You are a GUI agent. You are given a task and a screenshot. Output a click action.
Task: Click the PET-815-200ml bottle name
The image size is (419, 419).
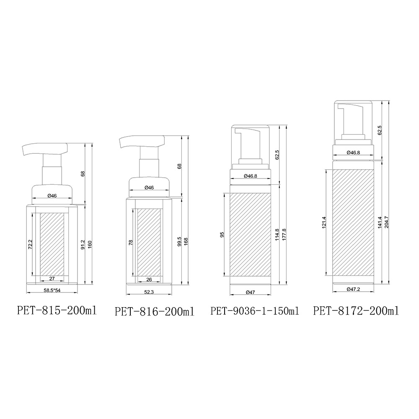click(x=57, y=310)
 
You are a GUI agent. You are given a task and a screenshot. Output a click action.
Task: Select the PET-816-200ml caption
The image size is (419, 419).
click(x=155, y=312)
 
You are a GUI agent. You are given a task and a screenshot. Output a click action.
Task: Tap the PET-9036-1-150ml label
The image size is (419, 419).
click(x=255, y=311)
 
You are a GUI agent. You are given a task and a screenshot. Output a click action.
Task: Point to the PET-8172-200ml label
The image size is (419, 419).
click(x=356, y=311)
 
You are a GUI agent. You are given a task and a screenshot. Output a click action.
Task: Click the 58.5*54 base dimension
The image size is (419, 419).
click(x=52, y=290)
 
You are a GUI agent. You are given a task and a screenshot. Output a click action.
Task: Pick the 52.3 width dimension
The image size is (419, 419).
click(x=149, y=292)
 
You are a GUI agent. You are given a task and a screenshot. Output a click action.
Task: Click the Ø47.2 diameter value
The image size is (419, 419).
click(x=353, y=289)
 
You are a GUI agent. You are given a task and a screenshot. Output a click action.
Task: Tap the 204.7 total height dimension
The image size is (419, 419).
click(x=386, y=222)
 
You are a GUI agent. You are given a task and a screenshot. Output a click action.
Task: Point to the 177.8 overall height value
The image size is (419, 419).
click(x=284, y=234)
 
